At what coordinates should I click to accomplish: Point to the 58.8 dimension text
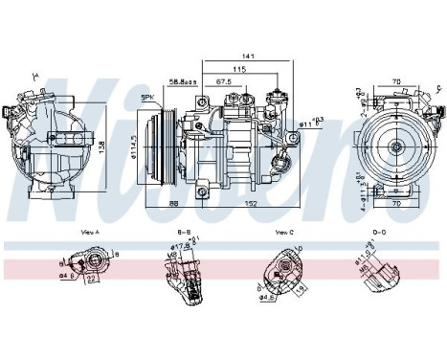point(179,82)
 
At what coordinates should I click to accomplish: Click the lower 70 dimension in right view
point(396,203)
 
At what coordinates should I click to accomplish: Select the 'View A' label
point(92,233)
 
